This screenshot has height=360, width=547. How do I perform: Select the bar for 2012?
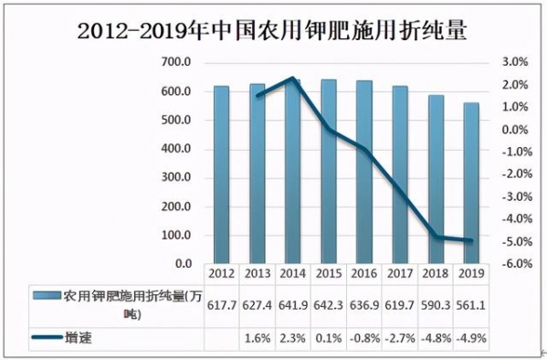(221, 175)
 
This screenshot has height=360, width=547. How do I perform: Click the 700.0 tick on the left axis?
(175, 62)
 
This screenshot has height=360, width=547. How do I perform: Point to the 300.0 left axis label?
(175, 177)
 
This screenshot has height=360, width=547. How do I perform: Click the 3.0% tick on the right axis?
(514, 62)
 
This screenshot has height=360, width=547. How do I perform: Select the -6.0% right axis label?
(514, 264)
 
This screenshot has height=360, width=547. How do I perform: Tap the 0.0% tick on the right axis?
(514, 130)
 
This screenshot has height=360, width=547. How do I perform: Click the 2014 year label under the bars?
(292, 273)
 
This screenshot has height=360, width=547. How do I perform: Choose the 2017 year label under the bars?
(399, 273)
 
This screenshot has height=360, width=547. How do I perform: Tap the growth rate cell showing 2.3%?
(292, 338)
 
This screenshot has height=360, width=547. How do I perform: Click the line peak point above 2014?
(292, 79)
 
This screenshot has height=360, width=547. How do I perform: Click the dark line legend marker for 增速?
(46, 338)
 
